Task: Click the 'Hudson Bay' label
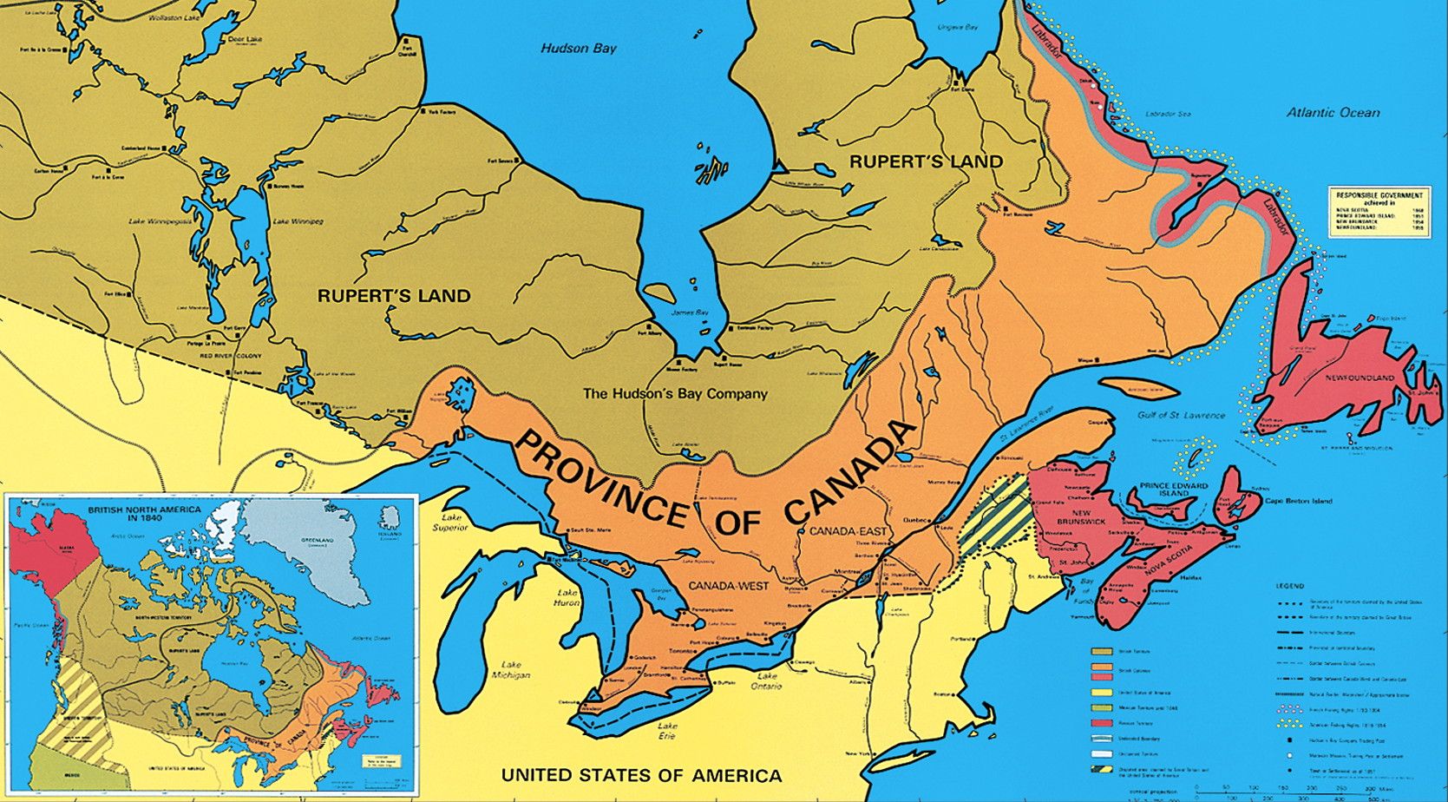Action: [x=578, y=48]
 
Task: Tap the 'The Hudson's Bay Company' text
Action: [x=675, y=393]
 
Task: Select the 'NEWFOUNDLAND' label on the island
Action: [x=1360, y=378]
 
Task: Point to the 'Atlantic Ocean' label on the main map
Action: [x=1333, y=112]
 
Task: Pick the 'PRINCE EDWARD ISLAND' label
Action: [x=1174, y=490]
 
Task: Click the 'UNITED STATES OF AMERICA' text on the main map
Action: [x=641, y=775]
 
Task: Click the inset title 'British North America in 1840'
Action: [x=144, y=514]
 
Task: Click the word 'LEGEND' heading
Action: [x=1289, y=586]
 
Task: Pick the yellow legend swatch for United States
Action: [x=1102, y=693]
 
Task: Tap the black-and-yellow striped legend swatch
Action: [x=1102, y=769]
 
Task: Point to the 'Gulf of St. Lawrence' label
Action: [x=1181, y=416]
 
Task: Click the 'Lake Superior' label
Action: [x=450, y=523]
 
